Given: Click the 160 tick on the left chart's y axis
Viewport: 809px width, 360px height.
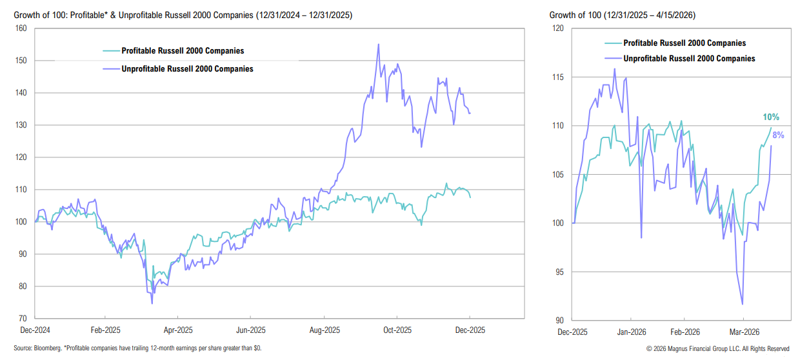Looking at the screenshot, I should tap(21, 28).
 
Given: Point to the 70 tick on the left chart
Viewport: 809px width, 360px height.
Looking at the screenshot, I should tap(23, 319).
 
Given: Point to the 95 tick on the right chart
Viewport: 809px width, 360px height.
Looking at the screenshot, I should tap(559, 272).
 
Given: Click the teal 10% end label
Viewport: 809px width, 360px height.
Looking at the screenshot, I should tap(771, 117).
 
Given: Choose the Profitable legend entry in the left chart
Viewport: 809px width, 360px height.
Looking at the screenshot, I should tap(183, 51).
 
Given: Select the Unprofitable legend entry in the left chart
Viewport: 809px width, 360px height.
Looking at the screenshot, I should tap(187, 68).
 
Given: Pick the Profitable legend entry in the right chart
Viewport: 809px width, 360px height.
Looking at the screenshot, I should tap(684, 43).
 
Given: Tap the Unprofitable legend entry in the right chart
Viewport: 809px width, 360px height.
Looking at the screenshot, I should tap(689, 58).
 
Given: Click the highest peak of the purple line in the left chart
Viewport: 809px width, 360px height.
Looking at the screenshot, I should tap(378, 44).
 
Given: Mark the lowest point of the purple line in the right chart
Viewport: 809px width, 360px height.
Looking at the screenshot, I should tap(743, 304).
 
